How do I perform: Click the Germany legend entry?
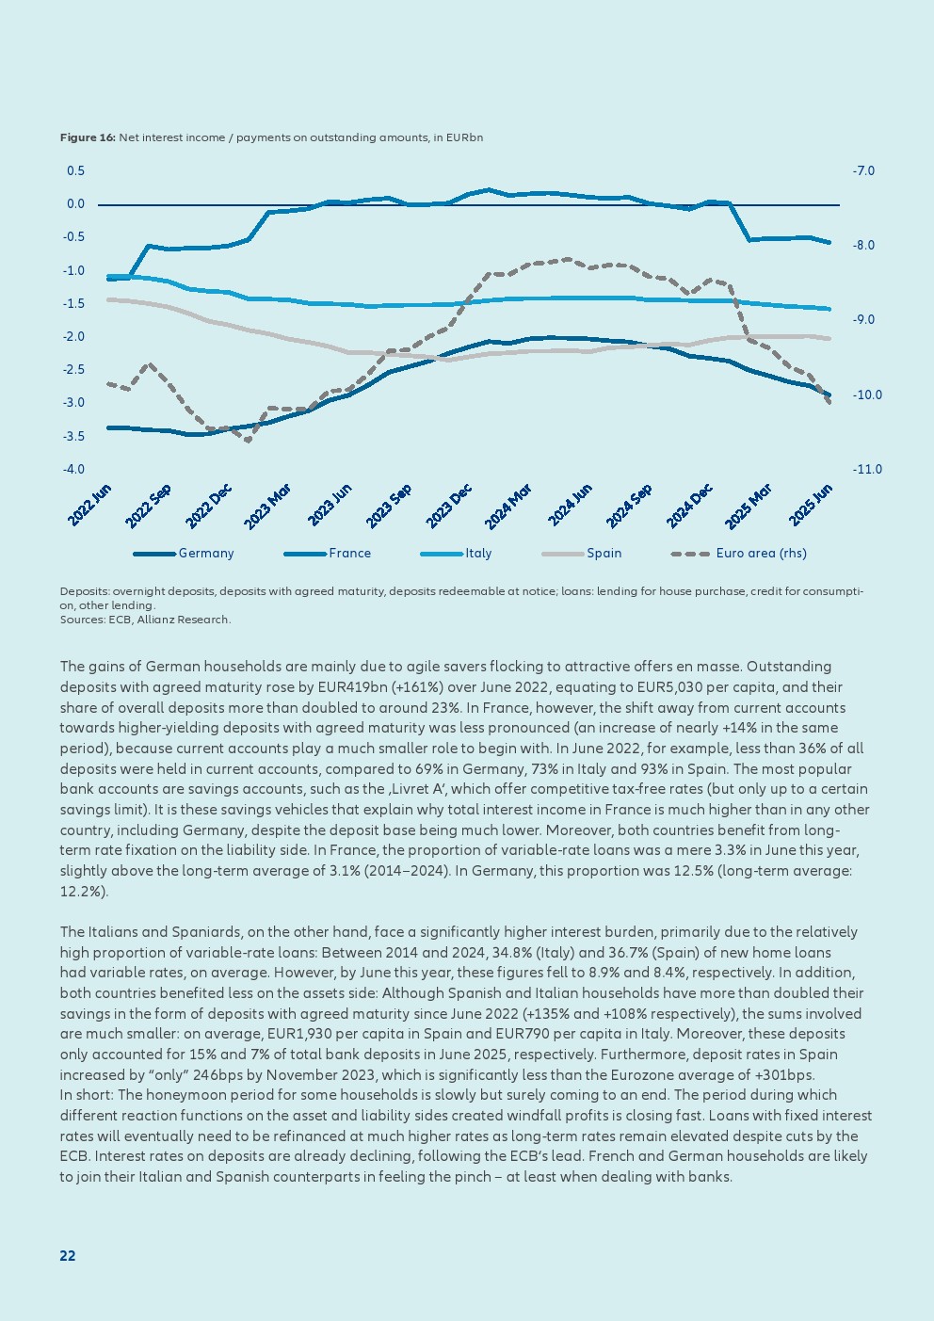[205, 554]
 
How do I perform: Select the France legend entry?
[349, 554]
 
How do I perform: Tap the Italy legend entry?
[478, 554]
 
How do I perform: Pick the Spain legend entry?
[604, 554]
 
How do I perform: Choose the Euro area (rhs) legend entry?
[761, 554]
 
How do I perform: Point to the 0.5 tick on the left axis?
[75, 171]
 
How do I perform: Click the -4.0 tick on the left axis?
[73, 470]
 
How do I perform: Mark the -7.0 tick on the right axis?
[863, 171]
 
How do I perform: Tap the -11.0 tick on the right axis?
[866, 470]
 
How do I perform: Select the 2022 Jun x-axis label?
[90, 505]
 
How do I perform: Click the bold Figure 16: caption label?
[88, 138]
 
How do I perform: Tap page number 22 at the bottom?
[68, 1256]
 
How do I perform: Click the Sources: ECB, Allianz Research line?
[145, 620]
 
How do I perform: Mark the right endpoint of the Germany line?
[829, 395]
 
